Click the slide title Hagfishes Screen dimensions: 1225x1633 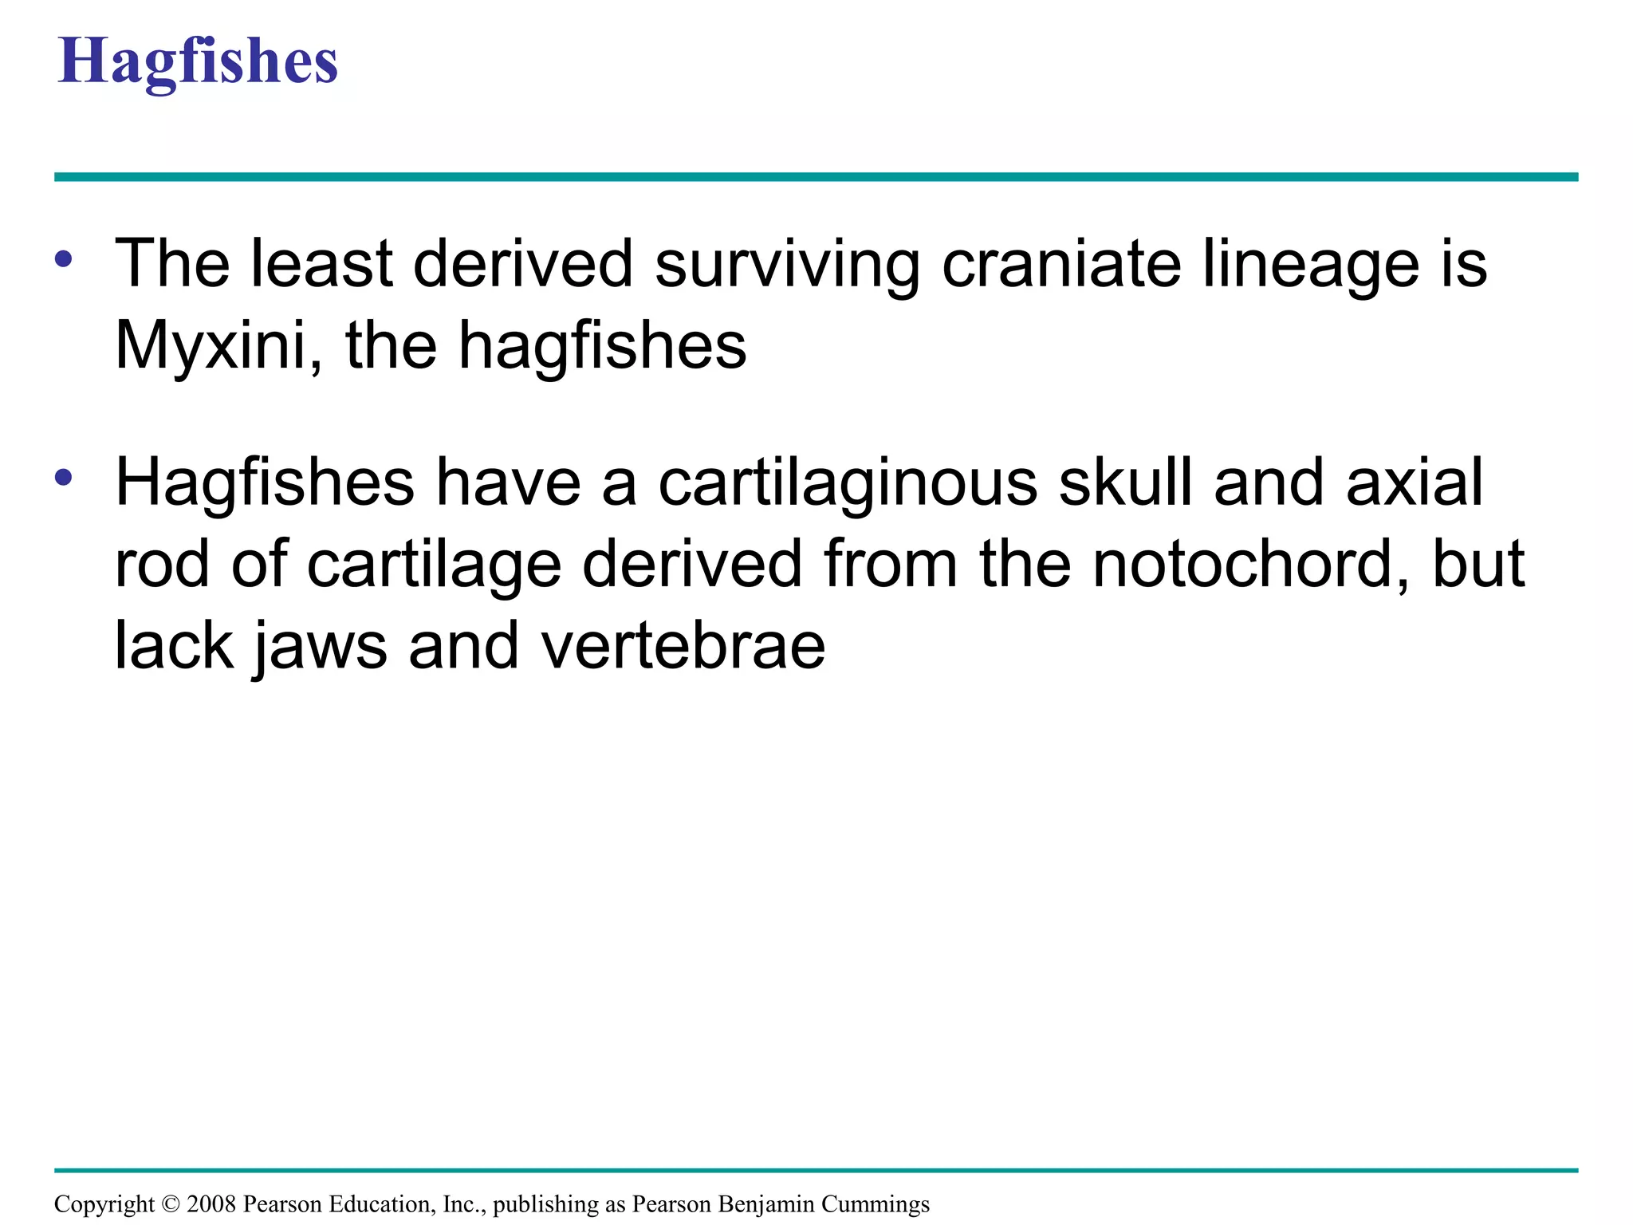(198, 62)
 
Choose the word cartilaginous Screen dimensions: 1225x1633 (848, 485)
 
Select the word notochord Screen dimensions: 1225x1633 (1251, 565)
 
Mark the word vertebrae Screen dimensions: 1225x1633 (683, 646)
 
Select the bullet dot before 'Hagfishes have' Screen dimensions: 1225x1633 (65, 478)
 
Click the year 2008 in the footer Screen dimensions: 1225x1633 (211, 1204)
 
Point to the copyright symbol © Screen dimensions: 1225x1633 (171, 1204)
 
